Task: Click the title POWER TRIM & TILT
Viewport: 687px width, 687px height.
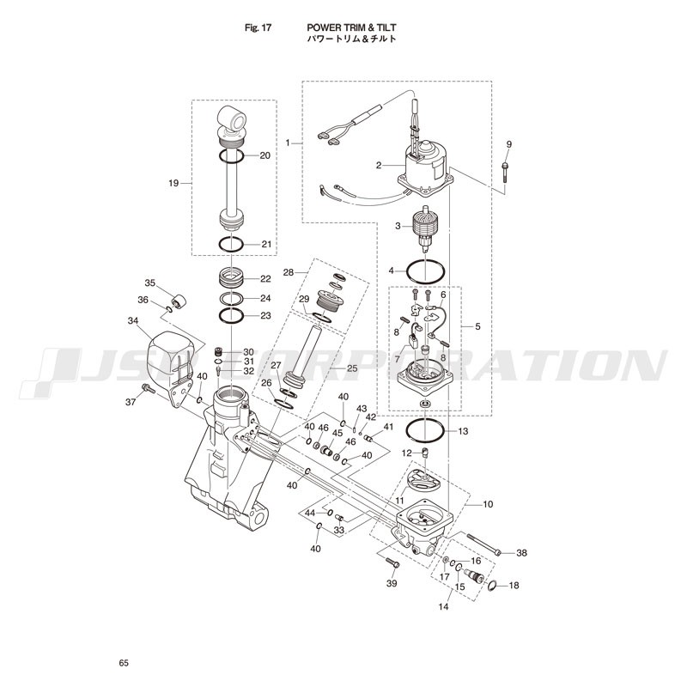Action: click(x=351, y=27)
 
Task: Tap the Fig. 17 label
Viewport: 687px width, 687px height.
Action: click(x=258, y=27)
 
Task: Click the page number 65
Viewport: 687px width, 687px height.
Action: click(x=124, y=663)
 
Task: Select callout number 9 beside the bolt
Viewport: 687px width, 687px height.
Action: click(x=508, y=144)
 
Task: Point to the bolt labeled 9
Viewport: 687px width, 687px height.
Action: click(x=505, y=173)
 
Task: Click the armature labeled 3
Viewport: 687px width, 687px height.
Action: click(x=425, y=229)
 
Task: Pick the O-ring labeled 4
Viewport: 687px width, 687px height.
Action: click(x=425, y=271)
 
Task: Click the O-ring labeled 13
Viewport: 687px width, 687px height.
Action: click(x=425, y=432)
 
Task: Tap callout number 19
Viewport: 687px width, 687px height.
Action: click(x=173, y=183)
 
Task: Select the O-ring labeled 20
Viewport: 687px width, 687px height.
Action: click(x=231, y=156)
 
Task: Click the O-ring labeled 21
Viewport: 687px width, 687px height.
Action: click(x=231, y=244)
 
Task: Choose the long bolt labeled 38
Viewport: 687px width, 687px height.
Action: click(x=483, y=544)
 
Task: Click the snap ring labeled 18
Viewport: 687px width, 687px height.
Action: click(x=492, y=585)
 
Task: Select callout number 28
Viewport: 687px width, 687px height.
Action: click(x=288, y=272)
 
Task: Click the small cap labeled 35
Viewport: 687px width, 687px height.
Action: click(x=179, y=301)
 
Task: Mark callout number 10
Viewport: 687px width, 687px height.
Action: click(x=488, y=504)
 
